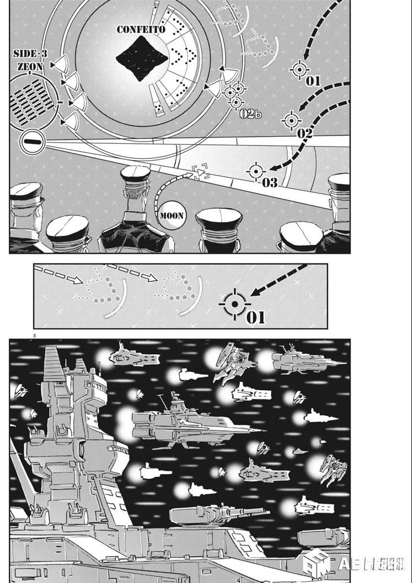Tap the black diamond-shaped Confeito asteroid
[x=142, y=58]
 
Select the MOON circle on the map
[x=171, y=215]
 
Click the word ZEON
[x=27, y=65]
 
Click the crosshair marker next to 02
[x=291, y=120]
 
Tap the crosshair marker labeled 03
[x=255, y=172]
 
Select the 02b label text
[x=251, y=114]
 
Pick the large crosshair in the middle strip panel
[x=235, y=304]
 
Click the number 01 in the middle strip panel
[x=255, y=317]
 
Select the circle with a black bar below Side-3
[x=33, y=143]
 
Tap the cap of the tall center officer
[x=135, y=175]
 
